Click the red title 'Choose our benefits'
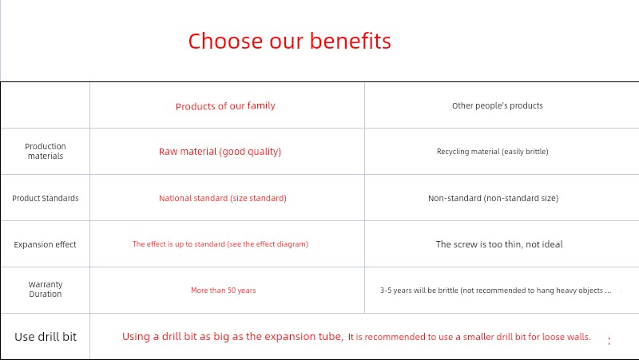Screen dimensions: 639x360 point(289,42)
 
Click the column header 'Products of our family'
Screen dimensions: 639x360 point(225,106)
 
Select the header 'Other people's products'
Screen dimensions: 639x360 point(497,105)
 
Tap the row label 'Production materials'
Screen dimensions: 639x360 point(46,151)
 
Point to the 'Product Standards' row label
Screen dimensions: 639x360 point(46,198)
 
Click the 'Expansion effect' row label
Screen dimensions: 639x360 point(45,244)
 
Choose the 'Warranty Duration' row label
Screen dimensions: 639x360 point(46,289)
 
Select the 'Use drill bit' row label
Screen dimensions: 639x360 point(46,337)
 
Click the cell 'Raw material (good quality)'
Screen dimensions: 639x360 point(220,152)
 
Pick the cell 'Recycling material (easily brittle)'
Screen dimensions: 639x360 point(492,152)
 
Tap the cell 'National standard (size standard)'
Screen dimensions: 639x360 point(223,198)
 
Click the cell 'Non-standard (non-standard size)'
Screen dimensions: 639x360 point(493,198)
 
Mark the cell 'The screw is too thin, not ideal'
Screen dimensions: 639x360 point(499,244)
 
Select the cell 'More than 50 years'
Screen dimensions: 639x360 point(224,291)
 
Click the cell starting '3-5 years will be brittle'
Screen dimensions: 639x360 point(495,291)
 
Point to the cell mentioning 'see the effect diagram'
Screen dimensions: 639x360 point(220,244)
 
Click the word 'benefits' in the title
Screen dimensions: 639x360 point(350,42)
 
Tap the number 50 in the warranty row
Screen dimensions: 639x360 point(232,291)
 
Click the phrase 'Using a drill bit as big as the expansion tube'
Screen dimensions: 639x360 point(232,337)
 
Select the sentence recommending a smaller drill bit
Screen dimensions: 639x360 point(469,337)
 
